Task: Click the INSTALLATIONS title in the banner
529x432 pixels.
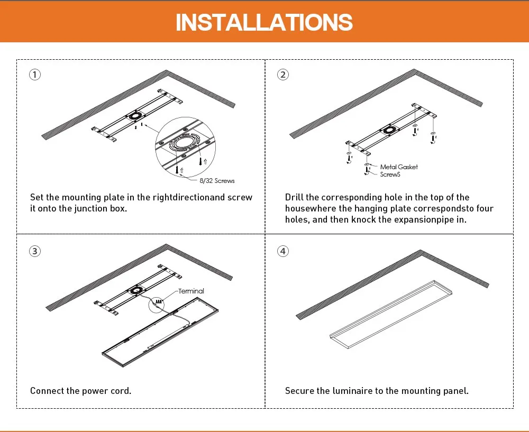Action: point(264,22)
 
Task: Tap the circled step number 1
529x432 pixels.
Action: point(34,75)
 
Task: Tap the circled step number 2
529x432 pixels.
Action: point(283,75)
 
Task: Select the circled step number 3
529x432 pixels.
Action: point(34,251)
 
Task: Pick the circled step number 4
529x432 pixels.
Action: point(283,251)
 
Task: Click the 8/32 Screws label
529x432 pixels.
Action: point(217,181)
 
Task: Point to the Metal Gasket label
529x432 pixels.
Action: point(399,167)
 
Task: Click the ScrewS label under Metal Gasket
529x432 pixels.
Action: point(391,174)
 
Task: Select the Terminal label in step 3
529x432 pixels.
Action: point(191,291)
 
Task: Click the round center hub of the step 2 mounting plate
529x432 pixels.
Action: point(390,130)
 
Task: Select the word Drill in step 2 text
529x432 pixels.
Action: point(294,197)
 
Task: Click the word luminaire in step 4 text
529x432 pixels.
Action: point(345,391)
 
